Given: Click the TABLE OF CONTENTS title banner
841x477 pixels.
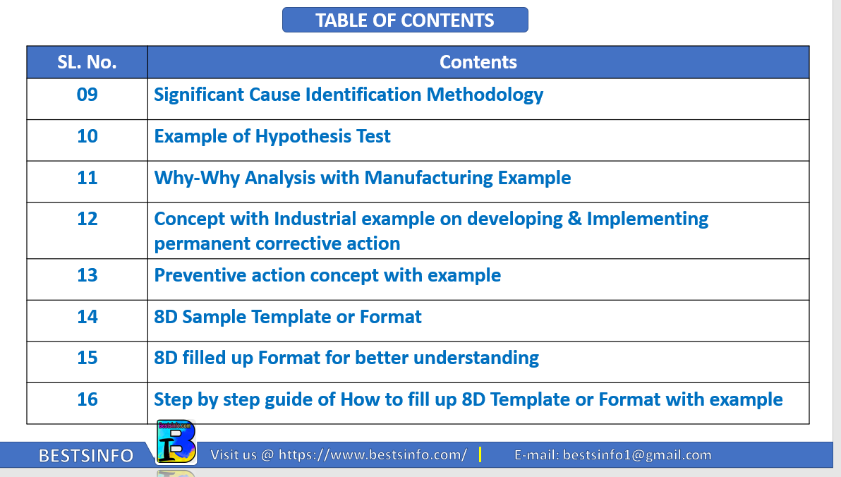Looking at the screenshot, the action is click(x=405, y=20).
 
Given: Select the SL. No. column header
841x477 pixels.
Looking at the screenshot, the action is click(x=87, y=62).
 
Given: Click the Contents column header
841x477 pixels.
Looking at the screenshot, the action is click(x=478, y=62).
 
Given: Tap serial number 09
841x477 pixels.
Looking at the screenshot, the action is click(x=87, y=95).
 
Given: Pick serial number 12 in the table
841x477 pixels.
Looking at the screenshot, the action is click(x=87, y=219).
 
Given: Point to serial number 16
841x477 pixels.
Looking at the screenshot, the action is click(x=87, y=399).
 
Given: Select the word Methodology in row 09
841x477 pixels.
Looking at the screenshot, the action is click(x=485, y=95).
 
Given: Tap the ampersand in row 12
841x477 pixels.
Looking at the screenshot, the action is click(x=574, y=219).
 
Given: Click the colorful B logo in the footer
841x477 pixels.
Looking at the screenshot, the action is click(x=176, y=442).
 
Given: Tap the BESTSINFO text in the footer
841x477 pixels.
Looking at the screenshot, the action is click(x=86, y=456).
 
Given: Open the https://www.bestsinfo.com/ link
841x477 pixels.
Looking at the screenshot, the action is click(x=373, y=455).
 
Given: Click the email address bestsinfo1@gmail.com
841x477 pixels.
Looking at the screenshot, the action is click(x=637, y=455).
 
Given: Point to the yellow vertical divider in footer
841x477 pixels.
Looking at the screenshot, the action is click(x=480, y=454).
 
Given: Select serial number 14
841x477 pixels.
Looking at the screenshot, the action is click(x=87, y=317).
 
